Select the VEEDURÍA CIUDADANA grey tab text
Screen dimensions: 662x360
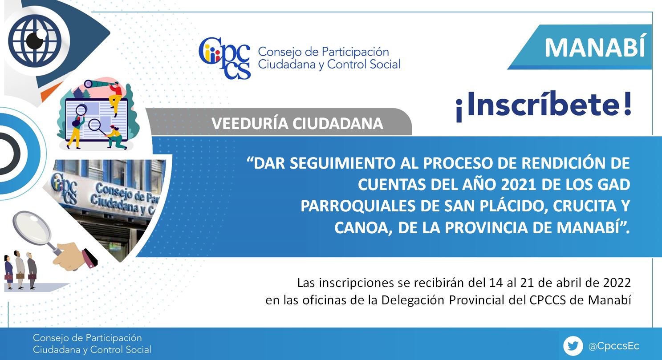coord(297,123)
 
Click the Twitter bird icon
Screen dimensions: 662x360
coord(573,345)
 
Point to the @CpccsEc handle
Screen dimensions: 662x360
coord(613,346)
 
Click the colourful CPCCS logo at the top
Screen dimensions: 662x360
coord(224,58)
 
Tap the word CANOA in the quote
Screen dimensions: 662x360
coord(363,228)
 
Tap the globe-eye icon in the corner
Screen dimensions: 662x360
coord(35,40)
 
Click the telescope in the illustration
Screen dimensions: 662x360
coord(97,84)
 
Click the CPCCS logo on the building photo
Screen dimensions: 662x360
coord(64,188)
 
